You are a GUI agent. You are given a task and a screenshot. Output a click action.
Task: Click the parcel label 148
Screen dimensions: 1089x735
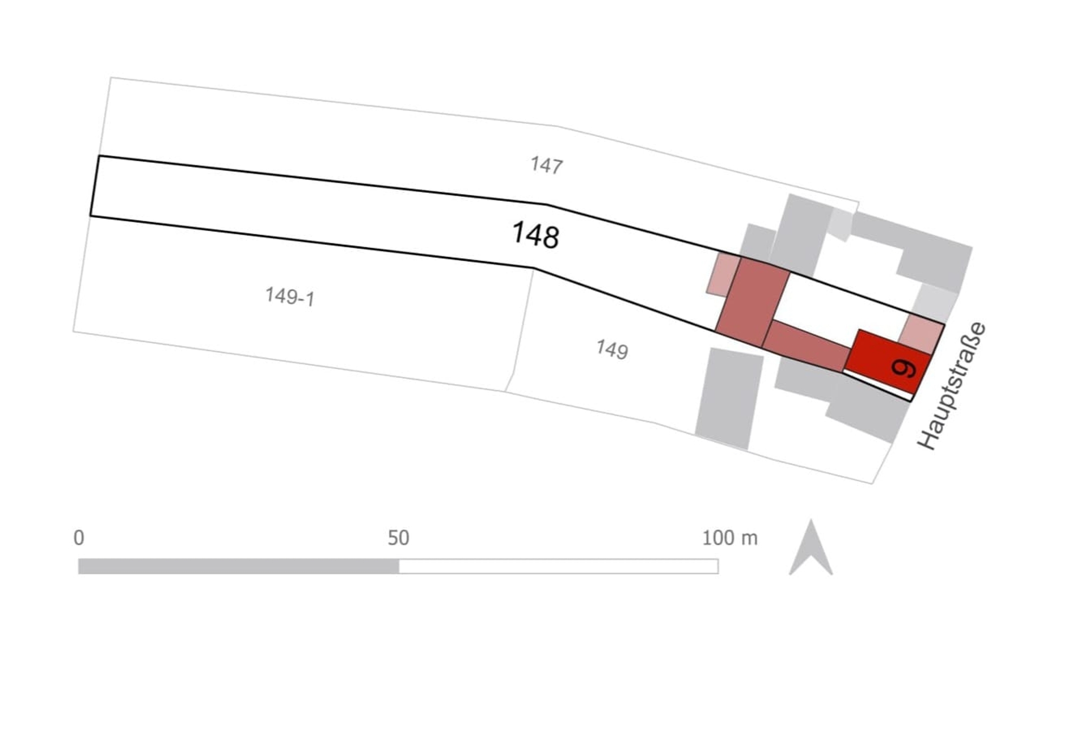point(535,235)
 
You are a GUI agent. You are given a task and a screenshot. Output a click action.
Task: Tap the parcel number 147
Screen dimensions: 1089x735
point(547,165)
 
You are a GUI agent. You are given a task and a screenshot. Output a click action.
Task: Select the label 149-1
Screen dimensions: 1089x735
point(290,296)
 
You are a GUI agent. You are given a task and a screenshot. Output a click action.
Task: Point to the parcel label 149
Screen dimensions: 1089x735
point(612,349)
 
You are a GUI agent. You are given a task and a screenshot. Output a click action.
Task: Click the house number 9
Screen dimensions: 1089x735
point(903,368)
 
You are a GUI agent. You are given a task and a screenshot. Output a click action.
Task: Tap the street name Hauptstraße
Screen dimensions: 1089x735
point(952,386)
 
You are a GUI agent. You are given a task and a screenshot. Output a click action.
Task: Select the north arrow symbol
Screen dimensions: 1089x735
point(811,548)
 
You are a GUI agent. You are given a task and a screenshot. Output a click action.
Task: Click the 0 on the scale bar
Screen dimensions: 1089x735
point(79,537)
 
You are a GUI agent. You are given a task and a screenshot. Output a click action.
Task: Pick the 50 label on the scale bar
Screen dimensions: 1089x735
point(398,537)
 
